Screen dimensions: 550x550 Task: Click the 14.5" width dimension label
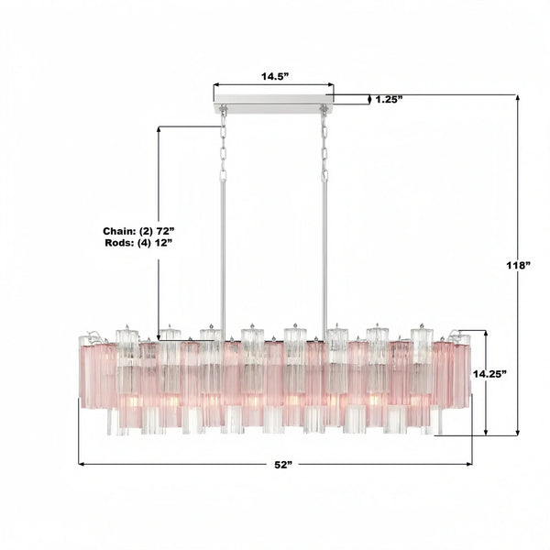pyautogui.click(x=273, y=77)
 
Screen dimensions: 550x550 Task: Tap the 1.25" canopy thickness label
pyautogui.click(x=390, y=99)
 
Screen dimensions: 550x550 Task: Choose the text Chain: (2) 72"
pyautogui.click(x=136, y=232)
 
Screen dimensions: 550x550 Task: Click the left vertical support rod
pyautogui.click(x=222, y=247)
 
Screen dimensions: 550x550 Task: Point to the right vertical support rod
pyautogui.click(x=324, y=247)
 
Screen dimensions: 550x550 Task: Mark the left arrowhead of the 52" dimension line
pyautogui.click(x=82, y=464)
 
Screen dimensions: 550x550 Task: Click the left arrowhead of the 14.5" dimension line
pyautogui.click(x=217, y=89)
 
